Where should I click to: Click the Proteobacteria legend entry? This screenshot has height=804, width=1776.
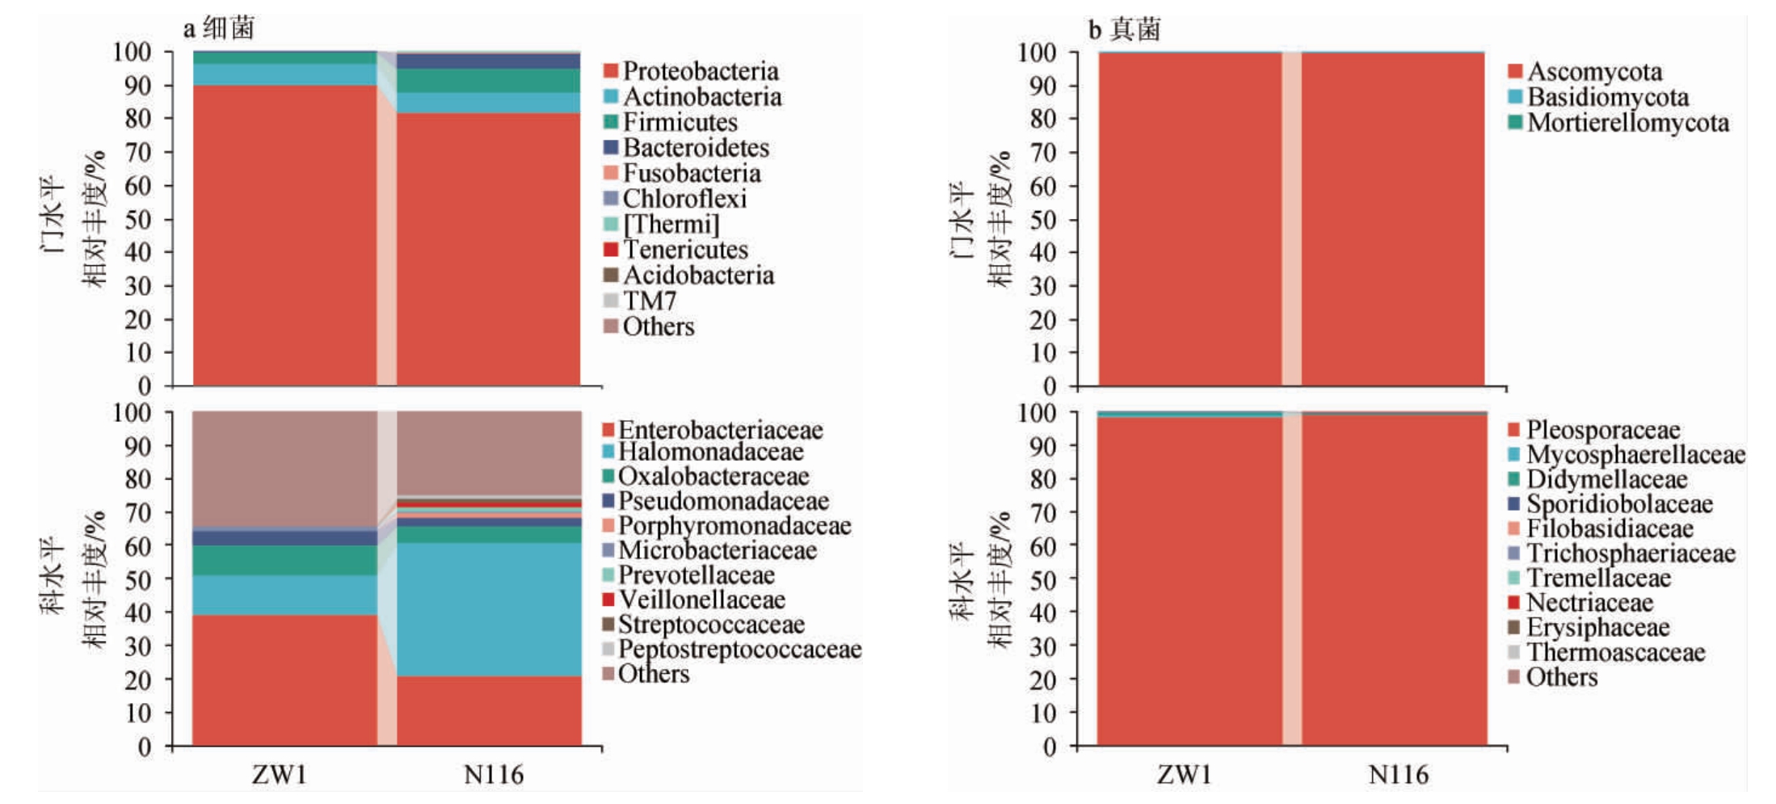pyautogui.click(x=700, y=71)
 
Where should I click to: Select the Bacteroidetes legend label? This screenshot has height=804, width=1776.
pyautogui.click(x=695, y=148)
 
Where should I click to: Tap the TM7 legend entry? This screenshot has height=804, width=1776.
pyautogui.click(x=648, y=301)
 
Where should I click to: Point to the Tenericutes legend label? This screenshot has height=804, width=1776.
pyautogui.click(x=684, y=250)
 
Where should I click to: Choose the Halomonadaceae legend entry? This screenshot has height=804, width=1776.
pyautogui.click(x=710, y=452)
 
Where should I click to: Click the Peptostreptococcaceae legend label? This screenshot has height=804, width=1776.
pyautogui.click(x=739, y=649)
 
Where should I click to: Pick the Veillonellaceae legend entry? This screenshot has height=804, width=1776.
pyautogui.click(x=701, y=600)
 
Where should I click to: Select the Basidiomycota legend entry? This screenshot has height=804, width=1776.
pyautogui.click(x=1607, y=98)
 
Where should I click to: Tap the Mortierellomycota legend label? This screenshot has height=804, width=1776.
pyautogui.click(x=1627, y=123)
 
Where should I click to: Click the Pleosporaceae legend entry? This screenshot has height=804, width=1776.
pyautogui.click(x=1602, y=430)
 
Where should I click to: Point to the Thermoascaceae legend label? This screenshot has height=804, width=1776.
pyautogui.click(x=1615, y=652)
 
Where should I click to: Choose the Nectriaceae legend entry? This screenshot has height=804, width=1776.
pyautogui.click(x=1589, y=603)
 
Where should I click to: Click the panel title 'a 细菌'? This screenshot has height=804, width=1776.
pyautogui.click(x=219, y=28)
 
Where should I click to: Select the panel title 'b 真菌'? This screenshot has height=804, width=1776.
pyautogui.click(x=1124, y=29)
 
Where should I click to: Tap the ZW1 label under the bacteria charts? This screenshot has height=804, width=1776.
pyautogui.click(x=280, y=775)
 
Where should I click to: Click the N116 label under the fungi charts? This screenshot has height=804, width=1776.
pyautogui.click(x=1398, y=775)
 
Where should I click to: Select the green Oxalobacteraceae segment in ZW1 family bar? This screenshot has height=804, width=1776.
pyautogui.click(x=284, y=560)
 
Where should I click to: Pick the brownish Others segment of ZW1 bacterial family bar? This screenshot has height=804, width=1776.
pyautogui.click(x=284, y=469)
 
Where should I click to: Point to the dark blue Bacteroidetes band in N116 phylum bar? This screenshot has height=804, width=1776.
pyautogui.click(x=489, y=61)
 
